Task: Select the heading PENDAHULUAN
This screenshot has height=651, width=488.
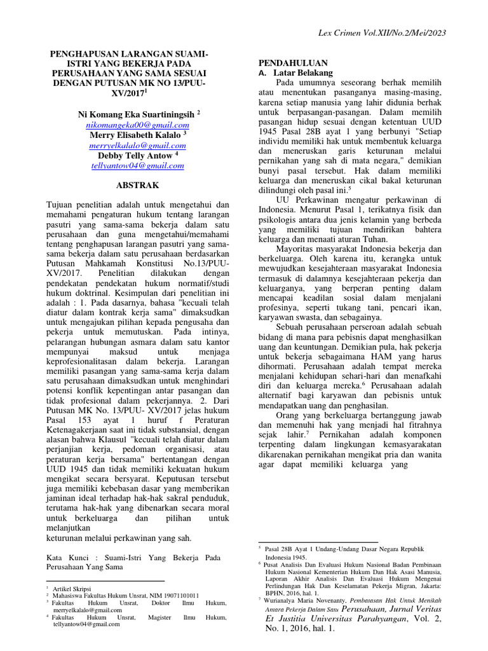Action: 292,63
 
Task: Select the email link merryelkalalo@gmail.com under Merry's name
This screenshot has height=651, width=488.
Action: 137,145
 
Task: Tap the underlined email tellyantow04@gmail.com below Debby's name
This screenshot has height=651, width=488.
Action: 137,165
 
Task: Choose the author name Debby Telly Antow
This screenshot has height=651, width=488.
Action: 135,155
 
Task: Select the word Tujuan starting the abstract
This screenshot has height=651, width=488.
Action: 62,205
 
